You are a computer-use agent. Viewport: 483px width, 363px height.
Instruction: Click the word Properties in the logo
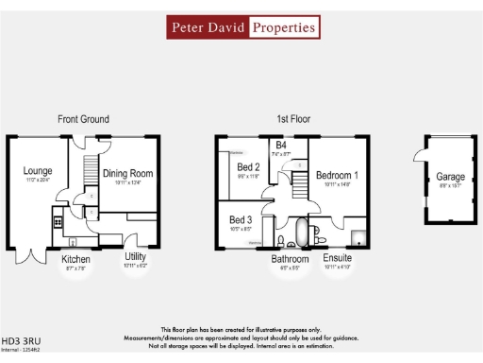click(x=283, y=27)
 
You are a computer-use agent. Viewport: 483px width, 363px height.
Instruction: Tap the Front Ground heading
click(x=83, y=119)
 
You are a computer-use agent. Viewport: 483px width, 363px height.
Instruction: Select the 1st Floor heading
click(x=293, y=119)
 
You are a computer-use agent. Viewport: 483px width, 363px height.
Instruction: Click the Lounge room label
click(x=38, y=171)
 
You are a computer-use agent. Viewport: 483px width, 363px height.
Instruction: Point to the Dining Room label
click(x=127, y=173)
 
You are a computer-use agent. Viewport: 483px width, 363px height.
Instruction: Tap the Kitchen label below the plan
click(x=76, y=259)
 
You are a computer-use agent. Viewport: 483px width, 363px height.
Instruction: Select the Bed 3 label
click(x=241, y=219)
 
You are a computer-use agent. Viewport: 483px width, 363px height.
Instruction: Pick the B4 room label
click(x=281, y=145)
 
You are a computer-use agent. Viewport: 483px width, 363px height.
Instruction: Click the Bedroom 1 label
click(x=337, y=176)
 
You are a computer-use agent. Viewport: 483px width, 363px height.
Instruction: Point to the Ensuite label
click(x=337, y=257)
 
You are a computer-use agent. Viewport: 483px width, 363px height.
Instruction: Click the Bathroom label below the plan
click(x=290, y=258)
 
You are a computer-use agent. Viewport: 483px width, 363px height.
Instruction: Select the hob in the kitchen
click(x=58, y=222)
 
